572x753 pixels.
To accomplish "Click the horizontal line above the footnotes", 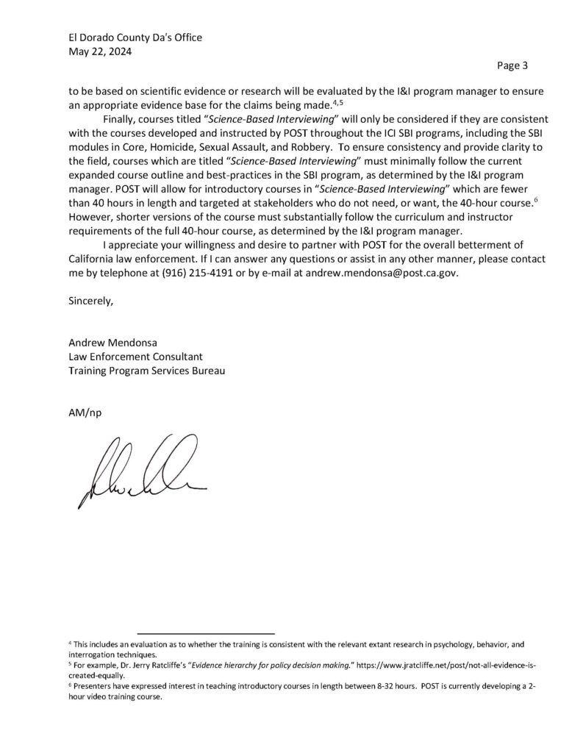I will click(205, 633).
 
